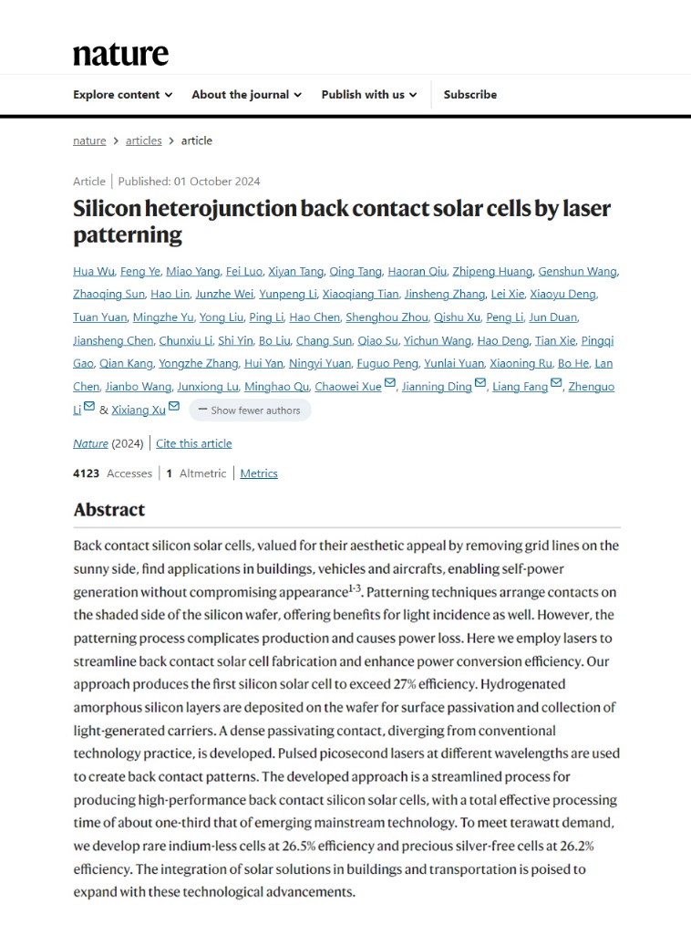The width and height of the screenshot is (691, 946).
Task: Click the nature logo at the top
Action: click(x=120, y=54)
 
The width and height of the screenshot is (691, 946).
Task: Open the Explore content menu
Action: click(x=122, y=95)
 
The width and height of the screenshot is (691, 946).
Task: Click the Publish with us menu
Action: click(x=368, y=95)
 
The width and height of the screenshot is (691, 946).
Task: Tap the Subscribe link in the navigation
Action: click(x=470, y=95)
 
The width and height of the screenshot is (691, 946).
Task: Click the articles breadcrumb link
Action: click(x=144, y=140)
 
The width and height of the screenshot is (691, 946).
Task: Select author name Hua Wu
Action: click(x=94, y=271)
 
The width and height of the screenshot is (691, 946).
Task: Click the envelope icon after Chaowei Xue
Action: click(x=390, y=384)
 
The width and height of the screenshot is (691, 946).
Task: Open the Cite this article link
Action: click(x=194, y=443)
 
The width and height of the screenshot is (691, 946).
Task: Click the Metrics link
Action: click(x=259, y=473)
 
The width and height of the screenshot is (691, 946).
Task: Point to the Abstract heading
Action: click(x=109, y=509)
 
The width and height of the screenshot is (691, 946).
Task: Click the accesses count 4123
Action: click(x=87, y=473)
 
